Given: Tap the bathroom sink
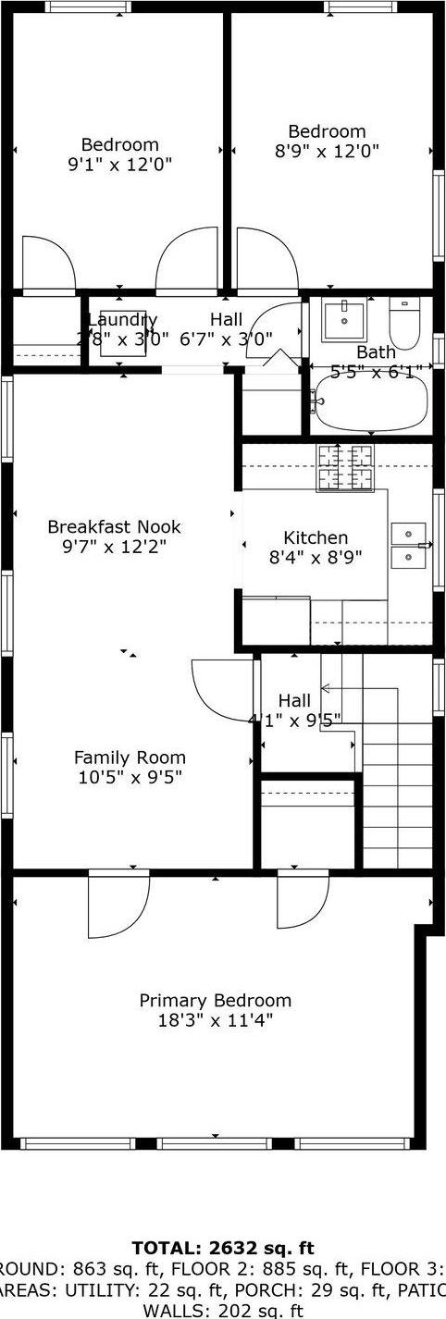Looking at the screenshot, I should (345, 318).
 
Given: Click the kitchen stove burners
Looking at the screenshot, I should (343, 468).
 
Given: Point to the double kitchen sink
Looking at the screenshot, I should (408, 546).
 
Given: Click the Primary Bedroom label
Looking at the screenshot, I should (215, 1000).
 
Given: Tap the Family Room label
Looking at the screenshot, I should (130, 757).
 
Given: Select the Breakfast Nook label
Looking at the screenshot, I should (115, 526).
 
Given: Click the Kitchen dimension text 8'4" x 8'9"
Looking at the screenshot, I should (316, 557).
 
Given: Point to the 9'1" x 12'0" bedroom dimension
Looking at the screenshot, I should (119, 164).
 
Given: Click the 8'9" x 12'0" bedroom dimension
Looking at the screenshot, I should (327, 151).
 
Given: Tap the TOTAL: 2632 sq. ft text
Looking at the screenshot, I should (223, 1248).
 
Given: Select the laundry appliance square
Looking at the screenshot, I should (122, 331).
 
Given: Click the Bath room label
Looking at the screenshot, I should (376, 351).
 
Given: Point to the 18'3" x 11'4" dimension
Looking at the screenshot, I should (215, 1021).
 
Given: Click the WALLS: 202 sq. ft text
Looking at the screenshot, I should (223, 1310).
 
